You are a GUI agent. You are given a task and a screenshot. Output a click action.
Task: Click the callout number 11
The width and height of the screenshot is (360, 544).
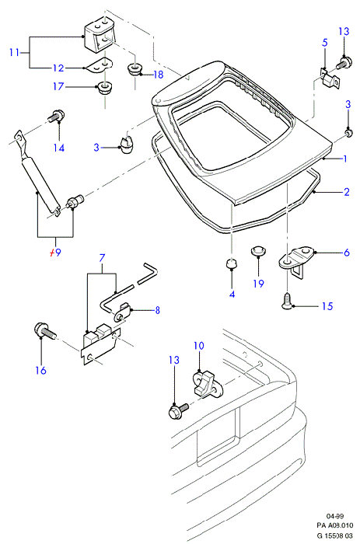14,53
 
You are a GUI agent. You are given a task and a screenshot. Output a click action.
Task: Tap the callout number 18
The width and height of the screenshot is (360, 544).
158,75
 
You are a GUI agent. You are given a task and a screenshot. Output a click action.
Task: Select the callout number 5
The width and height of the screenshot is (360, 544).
324,43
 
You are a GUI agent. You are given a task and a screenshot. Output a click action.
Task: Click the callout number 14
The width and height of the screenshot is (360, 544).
58,148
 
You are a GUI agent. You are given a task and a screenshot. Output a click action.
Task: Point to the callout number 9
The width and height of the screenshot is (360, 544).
58,253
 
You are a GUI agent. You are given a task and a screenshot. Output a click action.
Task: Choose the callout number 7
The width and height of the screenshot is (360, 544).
102,258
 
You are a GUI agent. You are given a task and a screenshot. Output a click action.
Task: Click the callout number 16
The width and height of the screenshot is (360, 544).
40,370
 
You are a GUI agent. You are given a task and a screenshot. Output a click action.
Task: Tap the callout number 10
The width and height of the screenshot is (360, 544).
199,346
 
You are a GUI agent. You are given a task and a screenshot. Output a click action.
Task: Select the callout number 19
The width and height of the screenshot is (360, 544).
259,284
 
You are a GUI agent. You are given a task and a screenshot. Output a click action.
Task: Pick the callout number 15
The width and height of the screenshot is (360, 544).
327,306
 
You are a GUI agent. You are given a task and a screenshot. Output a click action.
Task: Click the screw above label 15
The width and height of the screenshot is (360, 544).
287,300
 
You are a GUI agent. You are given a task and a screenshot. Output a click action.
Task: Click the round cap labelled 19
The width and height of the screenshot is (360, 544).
258,250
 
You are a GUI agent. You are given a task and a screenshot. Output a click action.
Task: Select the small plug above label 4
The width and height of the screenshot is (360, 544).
232,264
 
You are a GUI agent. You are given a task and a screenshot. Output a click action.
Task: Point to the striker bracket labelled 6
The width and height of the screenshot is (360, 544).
297,262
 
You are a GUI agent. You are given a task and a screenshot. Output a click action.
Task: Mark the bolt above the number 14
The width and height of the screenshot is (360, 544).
56,116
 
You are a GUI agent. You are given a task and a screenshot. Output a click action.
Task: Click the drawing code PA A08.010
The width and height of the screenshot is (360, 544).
334,525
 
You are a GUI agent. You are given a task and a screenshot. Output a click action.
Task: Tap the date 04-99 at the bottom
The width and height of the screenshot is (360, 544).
334,516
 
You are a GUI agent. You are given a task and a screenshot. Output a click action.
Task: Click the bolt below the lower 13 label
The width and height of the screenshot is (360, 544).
178,410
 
